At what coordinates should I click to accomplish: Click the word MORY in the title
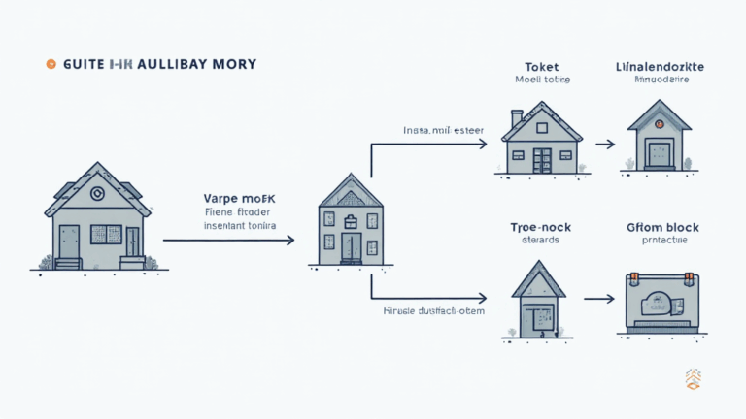[233, 64]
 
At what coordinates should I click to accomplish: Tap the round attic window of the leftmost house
[97, 193]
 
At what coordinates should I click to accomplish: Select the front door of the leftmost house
[69, 243]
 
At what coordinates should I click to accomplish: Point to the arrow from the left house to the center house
[227, 239]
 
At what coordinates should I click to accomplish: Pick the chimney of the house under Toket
[517, 118]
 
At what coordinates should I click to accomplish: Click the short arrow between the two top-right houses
[604, 144]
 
